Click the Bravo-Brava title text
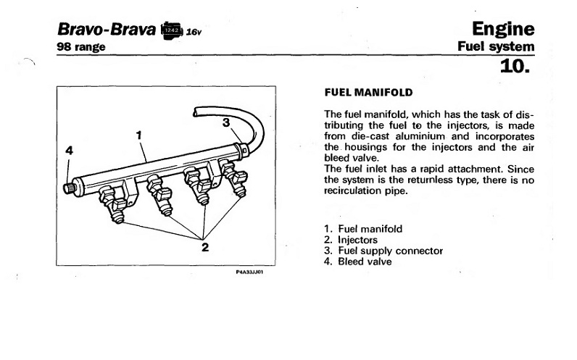(x=106, y=30)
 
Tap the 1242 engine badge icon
(x=172, y=30)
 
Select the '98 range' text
(x=81, y=47)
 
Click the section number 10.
(x=515, y=67)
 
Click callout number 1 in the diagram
(x=138, y=134)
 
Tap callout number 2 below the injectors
(x=205, y=247)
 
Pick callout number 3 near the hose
(x=226, y=123)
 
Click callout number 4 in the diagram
(x=69, y=151)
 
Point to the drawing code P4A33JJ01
(x=249, y=274)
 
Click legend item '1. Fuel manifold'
(x=363, y=229)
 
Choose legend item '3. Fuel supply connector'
(x=383, y=251)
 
